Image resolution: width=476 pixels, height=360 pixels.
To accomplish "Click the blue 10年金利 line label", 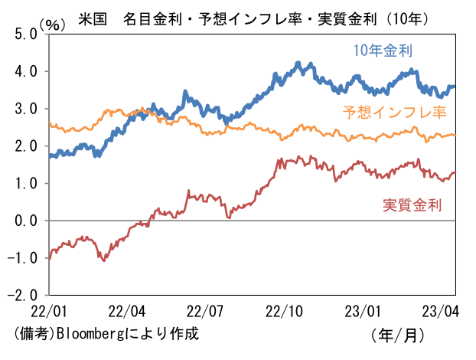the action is (x=383, y=51).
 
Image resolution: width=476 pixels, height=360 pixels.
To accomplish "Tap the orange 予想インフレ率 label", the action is (x=394, y=112).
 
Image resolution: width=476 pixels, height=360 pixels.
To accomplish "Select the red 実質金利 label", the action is (x=412, y=205).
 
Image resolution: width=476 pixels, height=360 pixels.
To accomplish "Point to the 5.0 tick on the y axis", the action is (x=26, y=34).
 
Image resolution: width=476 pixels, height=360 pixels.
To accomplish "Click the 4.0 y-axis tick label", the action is (x=26, y=72).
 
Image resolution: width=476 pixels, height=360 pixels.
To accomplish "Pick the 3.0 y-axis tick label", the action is (x=26, y=109).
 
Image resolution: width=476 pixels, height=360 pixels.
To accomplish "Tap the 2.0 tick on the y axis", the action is (x=26, y=146).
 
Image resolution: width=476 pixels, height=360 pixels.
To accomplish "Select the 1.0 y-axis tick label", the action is (x=26, y=184).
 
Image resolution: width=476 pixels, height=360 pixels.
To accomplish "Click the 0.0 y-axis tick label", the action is (x=26, y=221).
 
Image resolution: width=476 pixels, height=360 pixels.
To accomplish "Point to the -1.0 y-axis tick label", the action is (x=22, y=258).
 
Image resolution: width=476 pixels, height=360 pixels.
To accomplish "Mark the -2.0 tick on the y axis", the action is (x=22, y=295).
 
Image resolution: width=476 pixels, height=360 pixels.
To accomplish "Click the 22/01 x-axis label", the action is (x=49, y=312).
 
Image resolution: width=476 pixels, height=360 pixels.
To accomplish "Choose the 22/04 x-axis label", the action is (x=127, y=312).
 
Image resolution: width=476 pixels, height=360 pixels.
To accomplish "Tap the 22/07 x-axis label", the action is (x=205, y=312).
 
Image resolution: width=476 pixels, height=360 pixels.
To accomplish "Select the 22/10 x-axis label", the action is (x=284, y=312).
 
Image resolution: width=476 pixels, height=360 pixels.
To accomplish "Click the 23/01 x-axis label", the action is (x=363, y=312).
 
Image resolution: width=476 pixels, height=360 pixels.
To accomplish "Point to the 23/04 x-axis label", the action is (x=441, y=312).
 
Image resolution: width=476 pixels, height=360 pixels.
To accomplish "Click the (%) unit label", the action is (x=52, y=25).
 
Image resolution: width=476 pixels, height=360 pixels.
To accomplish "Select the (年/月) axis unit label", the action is (x=397, y=335).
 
